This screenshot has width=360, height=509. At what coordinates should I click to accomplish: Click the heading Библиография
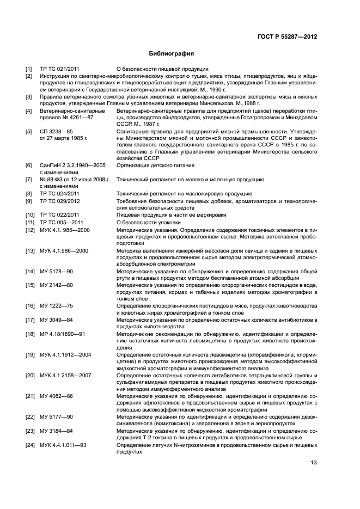point(172,54)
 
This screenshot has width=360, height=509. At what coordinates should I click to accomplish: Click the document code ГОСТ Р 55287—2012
point(287,36)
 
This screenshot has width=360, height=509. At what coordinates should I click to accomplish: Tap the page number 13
point(313,463)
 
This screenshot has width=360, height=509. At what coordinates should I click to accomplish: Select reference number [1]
point(29,69)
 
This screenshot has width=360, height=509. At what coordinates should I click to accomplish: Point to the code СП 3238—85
point(57,132)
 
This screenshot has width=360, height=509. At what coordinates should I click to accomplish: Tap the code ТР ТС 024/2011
point(60,194)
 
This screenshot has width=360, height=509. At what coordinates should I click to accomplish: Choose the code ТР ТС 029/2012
point(60,201)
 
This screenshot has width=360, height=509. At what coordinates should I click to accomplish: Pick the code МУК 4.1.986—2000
point(65,250)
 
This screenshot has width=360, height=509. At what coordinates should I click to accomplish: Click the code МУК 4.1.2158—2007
point(65,376)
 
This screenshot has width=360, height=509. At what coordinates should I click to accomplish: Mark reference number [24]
point(30,445)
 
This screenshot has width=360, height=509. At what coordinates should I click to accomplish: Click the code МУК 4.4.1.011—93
point(63,445)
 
